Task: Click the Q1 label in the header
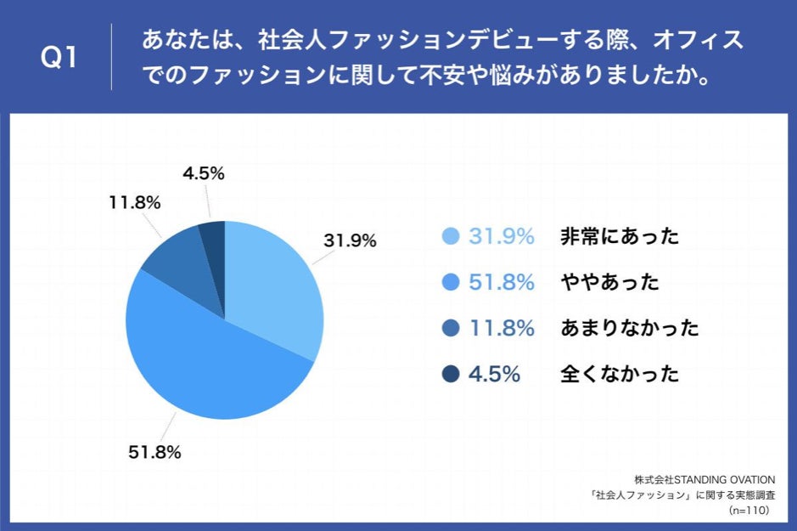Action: click(59, 58)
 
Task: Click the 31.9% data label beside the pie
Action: click(350, 241)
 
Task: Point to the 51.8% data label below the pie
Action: click(154, 453)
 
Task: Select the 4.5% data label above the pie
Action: click(203, 173)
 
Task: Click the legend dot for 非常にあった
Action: click(451, 237)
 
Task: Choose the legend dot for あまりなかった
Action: click(451, 328)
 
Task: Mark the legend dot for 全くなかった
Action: click(451, 374)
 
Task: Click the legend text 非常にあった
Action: click(620, 237)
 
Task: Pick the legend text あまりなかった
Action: click(629, 328)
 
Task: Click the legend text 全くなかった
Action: click(620, 374)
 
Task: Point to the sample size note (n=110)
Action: click(748, 511)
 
